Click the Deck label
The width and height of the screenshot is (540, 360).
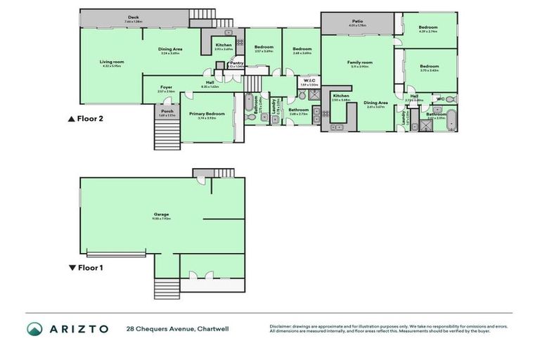click(133, 18)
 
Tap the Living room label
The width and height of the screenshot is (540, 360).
click(112, 62)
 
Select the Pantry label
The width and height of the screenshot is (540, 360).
click(237, 63)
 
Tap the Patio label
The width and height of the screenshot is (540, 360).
click(357, 22)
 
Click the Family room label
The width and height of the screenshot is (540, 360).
click(359, 63)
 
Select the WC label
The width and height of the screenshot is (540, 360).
click(440, 99)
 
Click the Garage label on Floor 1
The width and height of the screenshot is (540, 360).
click(161, 214)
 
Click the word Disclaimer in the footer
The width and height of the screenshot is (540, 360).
click(283, 326)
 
